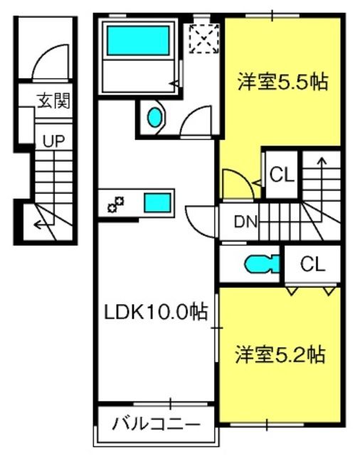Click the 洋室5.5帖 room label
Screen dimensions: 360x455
tap(282, 82)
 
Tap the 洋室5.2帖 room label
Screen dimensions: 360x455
tap(280, 355)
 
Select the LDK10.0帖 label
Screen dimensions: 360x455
tap(156, 312)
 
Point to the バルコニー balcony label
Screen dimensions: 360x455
tap(157, 424)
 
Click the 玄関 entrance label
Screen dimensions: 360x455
tap(54, 100)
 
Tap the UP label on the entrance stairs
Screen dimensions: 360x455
tap(53, 141)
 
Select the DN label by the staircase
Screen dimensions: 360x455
tap(245, 222)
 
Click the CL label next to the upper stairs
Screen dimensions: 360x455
tap(282, 175)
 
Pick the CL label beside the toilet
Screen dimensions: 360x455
tap(312, 264)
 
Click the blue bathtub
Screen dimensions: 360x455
tap(138, 41)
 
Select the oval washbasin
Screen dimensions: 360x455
tap(154, 117)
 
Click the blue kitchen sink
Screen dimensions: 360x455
tap(157, 203)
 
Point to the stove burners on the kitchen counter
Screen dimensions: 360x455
tap(116, 204)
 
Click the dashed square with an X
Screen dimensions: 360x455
tap(203, 38)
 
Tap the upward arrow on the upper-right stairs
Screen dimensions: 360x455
tap(322, 188)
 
